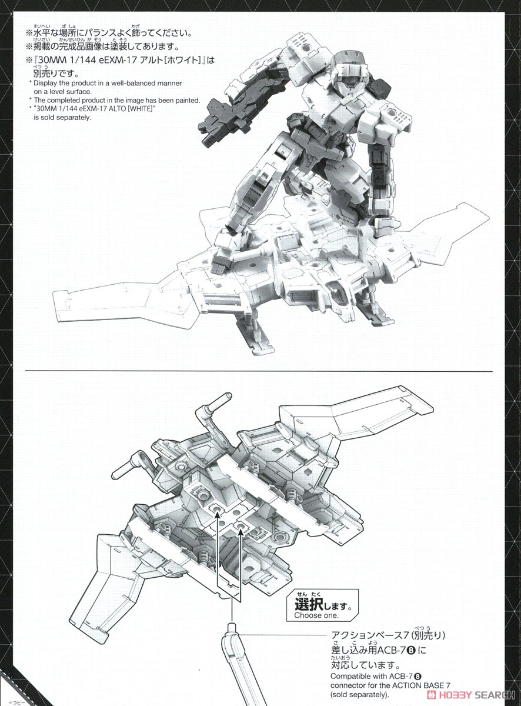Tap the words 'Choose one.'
(316, 615)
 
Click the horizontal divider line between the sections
(259, 372)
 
